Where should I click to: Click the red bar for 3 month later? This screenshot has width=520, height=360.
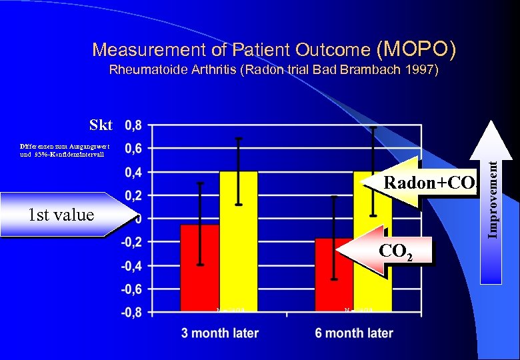click(200, 267)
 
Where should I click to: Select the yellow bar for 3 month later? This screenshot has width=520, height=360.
click(239, 241)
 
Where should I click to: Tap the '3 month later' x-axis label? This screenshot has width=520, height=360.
click(220, 333)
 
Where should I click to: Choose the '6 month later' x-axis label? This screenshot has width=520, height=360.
click(354, 333)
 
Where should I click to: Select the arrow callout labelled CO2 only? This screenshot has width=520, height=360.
click(387, 251)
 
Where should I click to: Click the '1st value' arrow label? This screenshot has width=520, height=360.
click(63, 215)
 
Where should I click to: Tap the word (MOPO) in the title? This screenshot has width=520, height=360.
click(417, 49)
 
